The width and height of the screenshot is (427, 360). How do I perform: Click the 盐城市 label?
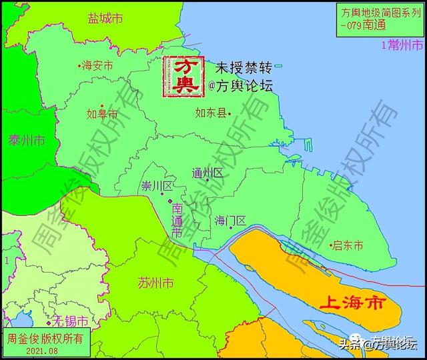coord(105,19)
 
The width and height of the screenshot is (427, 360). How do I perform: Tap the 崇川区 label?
coord(157,185)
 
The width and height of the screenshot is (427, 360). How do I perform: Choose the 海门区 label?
coord(231,220)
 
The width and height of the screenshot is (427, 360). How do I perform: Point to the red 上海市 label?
coord(353,303)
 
